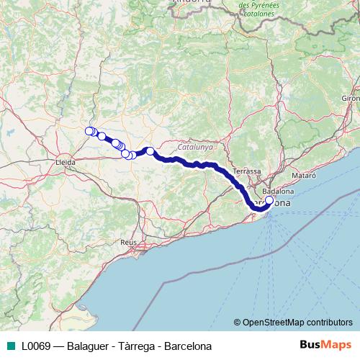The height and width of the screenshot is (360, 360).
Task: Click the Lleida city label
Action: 66,163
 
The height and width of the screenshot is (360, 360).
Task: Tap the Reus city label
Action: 129,243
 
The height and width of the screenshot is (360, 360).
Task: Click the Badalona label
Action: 278,192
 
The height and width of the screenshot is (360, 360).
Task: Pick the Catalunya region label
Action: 195,145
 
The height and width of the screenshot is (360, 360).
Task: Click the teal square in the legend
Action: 9,346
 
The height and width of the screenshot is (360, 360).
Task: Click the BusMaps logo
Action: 326,345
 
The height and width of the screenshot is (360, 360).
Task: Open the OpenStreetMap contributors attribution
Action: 297,322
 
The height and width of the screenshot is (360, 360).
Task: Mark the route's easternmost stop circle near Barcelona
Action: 269,201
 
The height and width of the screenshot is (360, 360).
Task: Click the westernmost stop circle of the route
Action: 89,131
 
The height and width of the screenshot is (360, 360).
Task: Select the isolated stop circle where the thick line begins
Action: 150,150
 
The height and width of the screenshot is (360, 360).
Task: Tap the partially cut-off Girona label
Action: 351,97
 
